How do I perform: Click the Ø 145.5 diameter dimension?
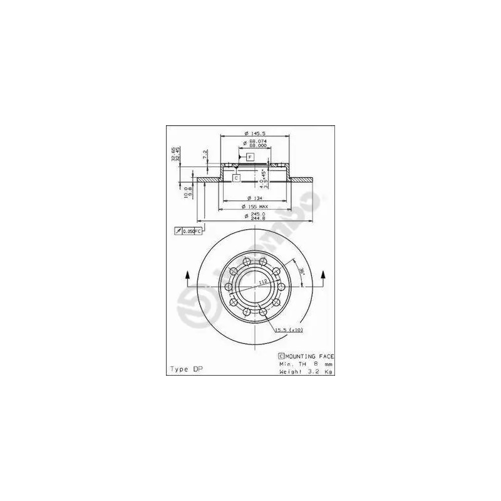point(254,133)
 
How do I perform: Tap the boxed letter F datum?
point(250,156)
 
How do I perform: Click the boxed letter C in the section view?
point(236,178)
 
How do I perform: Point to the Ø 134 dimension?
point(254,199)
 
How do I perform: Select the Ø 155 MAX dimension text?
point(254,207)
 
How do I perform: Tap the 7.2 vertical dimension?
point(205,155)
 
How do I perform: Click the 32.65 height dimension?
point(173,154)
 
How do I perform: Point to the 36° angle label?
point(301,271)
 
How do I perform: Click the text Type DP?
point(186,369)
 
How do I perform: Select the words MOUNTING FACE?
point(307,355)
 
